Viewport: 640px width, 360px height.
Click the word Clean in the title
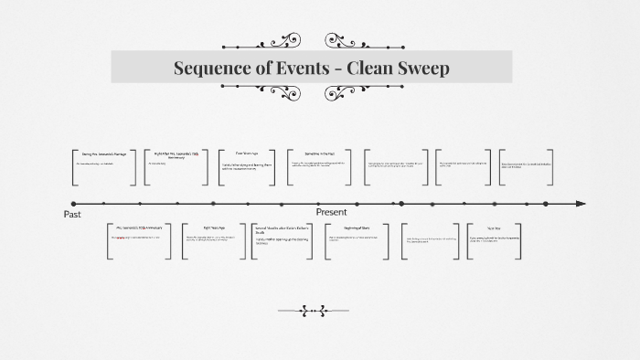coord(370,68)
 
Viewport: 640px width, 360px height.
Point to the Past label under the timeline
coord(72,214)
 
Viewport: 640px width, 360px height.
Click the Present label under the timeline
coord(331,212)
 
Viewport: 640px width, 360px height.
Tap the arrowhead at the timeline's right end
coord(581,204)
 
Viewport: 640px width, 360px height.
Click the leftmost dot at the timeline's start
coord(74,204)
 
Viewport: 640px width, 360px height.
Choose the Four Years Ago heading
coord(248,153)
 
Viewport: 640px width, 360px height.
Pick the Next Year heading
coord(493,227)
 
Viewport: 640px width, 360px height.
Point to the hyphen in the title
coord(342,69)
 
